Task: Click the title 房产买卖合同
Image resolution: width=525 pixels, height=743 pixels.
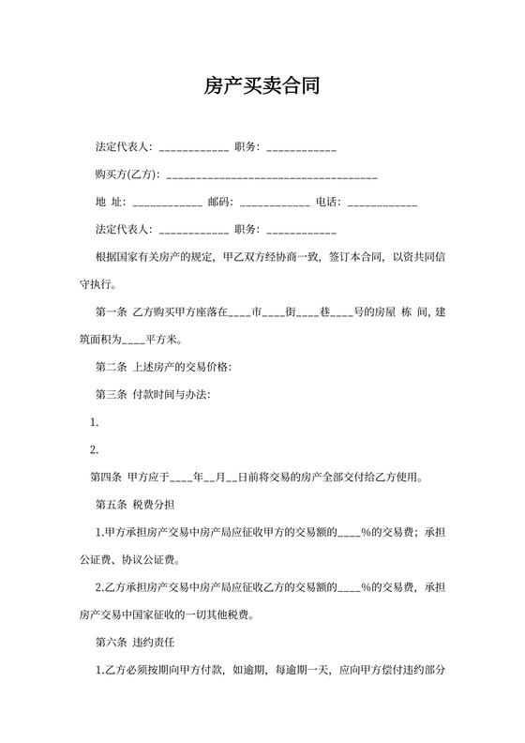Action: [x=262, y=87]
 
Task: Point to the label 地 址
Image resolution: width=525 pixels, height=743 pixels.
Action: [x=110, y=202]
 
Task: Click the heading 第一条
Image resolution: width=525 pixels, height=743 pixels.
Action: [x=111, y=311]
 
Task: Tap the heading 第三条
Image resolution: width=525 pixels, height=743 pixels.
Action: [x=111, y=394]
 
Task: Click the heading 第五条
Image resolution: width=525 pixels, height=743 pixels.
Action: [x=111, y=504]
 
